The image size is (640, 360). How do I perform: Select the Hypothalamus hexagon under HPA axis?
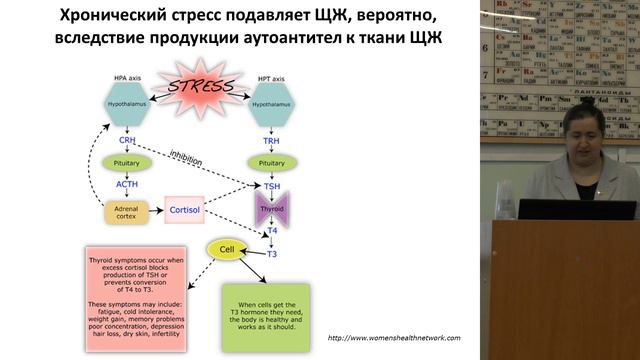tap(127, 104)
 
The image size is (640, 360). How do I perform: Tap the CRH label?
tap(127, 141)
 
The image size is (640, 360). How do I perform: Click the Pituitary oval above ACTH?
tap(127, 162)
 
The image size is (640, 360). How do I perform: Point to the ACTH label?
tap(127, 184)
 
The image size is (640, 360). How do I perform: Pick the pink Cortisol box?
tap(190, 210)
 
